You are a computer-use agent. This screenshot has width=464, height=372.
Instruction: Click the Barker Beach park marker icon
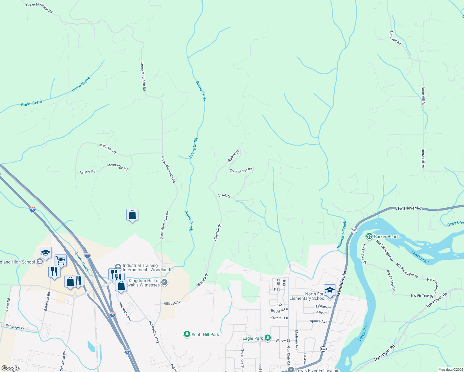[369, 237]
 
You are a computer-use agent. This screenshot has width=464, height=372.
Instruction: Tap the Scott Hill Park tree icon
[187, 334]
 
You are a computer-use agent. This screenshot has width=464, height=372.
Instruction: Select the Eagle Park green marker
[268, 338]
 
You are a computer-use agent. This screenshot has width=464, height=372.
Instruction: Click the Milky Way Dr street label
[108, 149]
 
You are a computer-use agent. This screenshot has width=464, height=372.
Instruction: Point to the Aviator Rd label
[87, 172]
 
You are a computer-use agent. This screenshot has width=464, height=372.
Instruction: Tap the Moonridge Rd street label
[117, 167]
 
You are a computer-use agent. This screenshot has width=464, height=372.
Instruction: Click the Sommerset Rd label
[241, 170]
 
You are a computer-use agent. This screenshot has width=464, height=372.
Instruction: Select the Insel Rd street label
[224, 196]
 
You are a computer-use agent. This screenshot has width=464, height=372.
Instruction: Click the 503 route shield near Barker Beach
[354, 230]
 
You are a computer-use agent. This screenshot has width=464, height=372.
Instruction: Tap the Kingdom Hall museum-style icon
[165, 282]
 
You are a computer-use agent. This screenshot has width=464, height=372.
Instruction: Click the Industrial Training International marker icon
[118, 267]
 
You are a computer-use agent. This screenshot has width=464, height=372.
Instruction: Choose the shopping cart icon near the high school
[60, 260]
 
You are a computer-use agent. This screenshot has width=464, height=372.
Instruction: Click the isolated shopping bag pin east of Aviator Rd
[132, 215]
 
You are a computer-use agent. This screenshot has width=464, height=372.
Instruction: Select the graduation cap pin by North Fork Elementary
[330, 290]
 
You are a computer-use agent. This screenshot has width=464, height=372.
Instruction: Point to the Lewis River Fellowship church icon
[291, 370]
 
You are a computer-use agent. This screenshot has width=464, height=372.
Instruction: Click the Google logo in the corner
[10, 368]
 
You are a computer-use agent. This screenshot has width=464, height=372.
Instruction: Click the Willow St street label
[283, 340]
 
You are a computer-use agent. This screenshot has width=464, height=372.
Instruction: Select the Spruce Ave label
[319, 321]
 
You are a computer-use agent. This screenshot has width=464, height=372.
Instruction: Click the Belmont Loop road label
[125, 311]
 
